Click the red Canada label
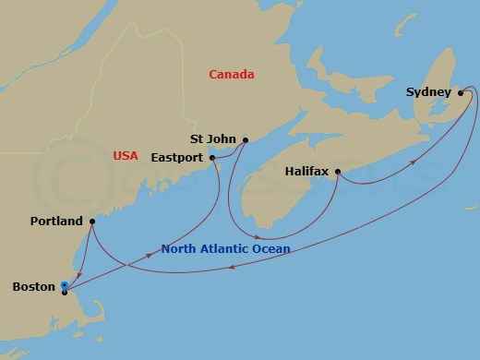pyautogui.click(x=232, y=75)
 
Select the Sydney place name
pyautogui.click(x=428, y=93)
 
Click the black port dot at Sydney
pyautogui.click(x=461, y=93)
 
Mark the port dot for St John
pyautogui.click(x=246, y=140)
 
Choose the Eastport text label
pyautogui.click(x=177, y=158)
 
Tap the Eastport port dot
pyautogui.click(x=213, y=158)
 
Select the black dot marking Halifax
pyautogui.click(x=338, y=172)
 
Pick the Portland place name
pyautogui.click(x=57, y=222)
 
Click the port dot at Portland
pyautogui.click(x=92, y=222)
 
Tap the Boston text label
pyautogui.click(x=32, y=288)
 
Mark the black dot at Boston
pyautogui.click(x=64, y=292)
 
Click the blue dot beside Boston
pyautogui.click(x=64, y=284)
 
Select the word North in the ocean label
pyautogui.click(x=179, y=249)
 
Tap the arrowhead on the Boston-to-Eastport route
pyautogui.click(x=150, y=255)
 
